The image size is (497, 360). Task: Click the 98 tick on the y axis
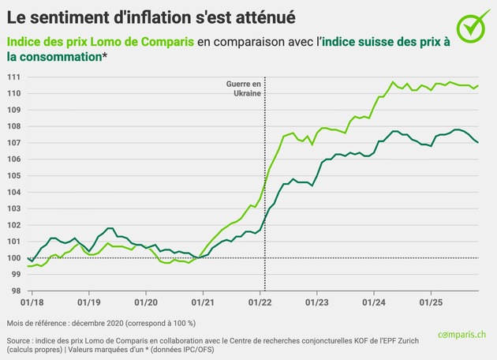(x=15, y=291)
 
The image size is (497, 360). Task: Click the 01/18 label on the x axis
(x=32, y=302)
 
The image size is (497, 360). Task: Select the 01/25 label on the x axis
(x=430, y=302)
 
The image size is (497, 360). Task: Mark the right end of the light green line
(x=478, y=85)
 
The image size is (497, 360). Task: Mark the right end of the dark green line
(x=478, y=142)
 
